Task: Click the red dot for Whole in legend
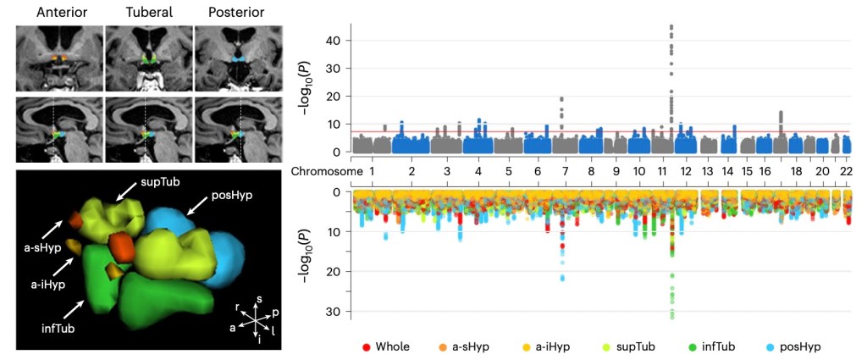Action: [x=365, y=346]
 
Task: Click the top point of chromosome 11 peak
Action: [x=671, y=26]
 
